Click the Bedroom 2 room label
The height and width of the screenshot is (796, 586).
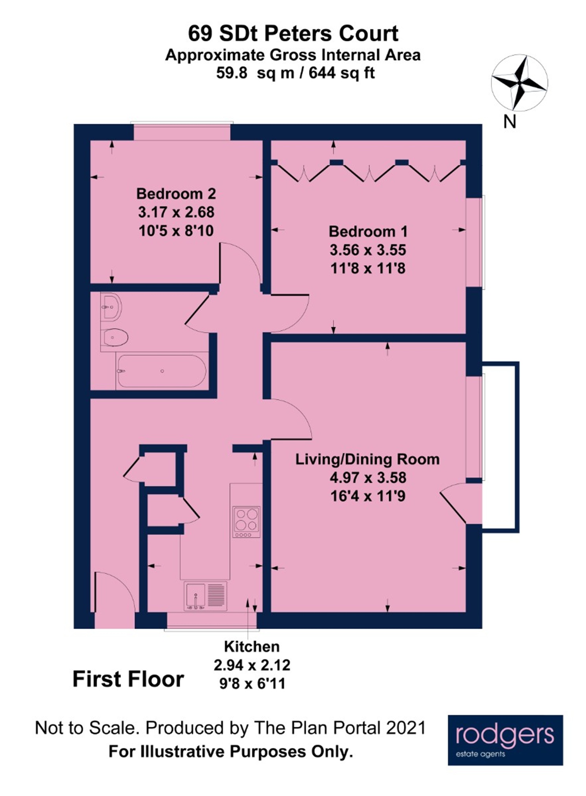click(x=176, y=194)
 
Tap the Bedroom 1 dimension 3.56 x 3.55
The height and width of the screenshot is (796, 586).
click(x=368, y=250)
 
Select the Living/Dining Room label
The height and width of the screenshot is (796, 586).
click(x=367, y=459)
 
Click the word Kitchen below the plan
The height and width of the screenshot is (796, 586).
click(x=252, y=647)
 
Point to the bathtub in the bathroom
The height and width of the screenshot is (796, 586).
click(x=161, y=371)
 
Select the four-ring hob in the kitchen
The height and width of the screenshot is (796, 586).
click(x=247, y=522)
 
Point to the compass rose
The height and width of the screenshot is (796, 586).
click(x=519, y=83)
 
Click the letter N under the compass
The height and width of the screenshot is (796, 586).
click(x=510, y=122)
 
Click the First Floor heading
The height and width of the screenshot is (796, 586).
click(x=128, y=679)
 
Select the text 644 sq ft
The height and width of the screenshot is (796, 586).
click(x=341, y=73)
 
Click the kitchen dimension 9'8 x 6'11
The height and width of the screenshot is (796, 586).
click(x=252, y=684)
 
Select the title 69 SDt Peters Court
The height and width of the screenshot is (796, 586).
click(x=293, y=33)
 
